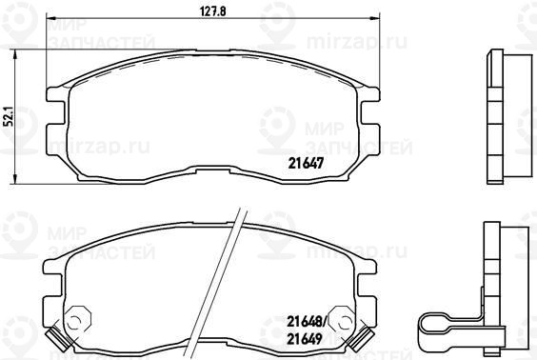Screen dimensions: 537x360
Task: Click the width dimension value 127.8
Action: pos(212,11)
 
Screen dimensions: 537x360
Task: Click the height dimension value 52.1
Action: pos(10,116)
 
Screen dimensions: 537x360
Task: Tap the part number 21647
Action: pos(306,164)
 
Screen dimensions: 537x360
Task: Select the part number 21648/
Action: pos(308,321)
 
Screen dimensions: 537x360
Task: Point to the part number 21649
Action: pos(305,339)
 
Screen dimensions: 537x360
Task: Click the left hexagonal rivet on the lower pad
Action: pos(78,320)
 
